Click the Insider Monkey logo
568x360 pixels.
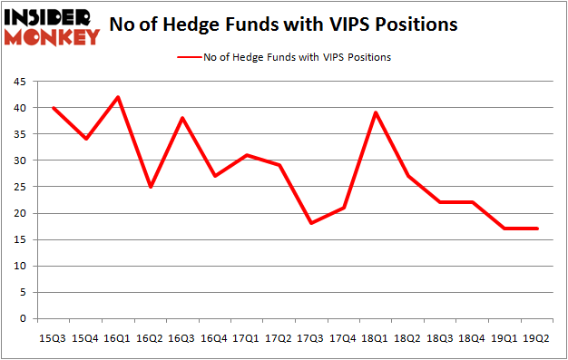click(x=52, y=27)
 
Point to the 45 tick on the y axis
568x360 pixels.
click(x=18, y=82)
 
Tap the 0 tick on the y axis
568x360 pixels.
click(x=22, y=319)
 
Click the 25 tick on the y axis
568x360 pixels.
click(x=18, y=188)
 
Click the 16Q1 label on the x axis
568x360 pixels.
click(x=118, y=337)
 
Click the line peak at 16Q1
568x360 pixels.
click(x=118, y=97)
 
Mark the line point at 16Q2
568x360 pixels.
click(x=150, y=187)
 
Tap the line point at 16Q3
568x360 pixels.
click(x=181, y=118)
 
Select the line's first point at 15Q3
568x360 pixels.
click(x=54, y=108)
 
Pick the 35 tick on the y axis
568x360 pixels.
click(x=18, y=134)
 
